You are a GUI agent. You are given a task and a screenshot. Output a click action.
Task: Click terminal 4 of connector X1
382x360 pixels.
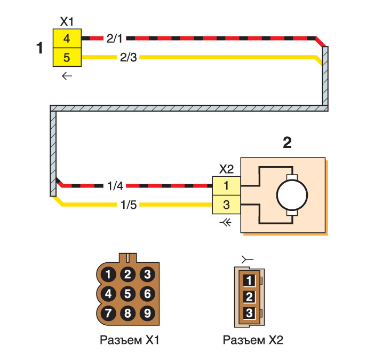point(66,39)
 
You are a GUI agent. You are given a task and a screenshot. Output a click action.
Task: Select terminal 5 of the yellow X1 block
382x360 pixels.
point(66,57)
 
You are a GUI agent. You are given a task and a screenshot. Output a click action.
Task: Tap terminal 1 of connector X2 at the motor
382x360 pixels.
point(226,186)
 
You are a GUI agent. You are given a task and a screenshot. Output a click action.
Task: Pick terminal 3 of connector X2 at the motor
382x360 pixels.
point(226,204)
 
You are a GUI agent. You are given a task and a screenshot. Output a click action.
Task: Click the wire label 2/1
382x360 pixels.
point(115,39)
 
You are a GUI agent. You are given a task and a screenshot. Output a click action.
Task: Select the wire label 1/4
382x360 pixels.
point(115,186)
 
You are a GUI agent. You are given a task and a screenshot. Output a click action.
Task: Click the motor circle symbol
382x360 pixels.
point(291,195)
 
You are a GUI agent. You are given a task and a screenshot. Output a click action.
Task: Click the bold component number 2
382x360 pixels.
point(288,144)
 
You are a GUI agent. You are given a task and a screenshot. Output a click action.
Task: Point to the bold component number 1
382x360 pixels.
point(39,48)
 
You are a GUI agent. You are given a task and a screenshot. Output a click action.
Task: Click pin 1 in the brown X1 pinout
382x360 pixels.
point(109,275)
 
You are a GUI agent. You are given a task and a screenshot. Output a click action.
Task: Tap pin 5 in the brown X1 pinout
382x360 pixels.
point(128,293)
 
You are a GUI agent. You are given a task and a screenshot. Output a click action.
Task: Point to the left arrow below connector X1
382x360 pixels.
point(67,76)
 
